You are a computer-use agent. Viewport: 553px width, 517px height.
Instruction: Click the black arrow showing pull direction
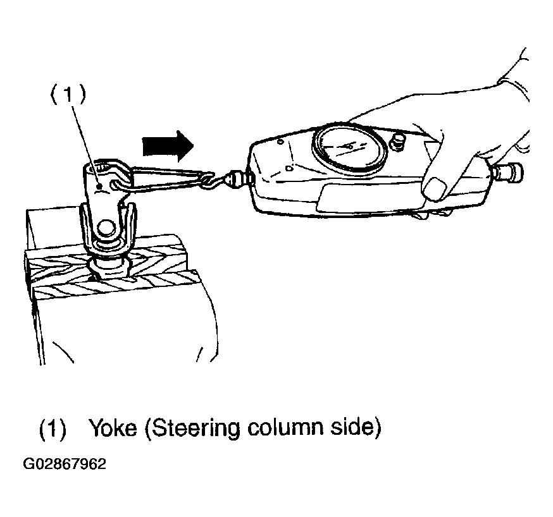click(168, 146)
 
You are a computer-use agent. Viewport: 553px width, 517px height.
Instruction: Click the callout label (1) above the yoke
click(68, 94)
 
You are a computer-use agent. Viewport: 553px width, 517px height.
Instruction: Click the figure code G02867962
click(65, 464)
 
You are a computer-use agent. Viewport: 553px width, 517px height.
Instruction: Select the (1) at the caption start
click(53, 429)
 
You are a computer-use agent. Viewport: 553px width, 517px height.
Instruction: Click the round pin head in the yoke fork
click(106, 228)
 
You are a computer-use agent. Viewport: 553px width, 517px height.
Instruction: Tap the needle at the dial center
click(349, 146)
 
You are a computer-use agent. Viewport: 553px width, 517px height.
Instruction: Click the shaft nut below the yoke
click(108, 267)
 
